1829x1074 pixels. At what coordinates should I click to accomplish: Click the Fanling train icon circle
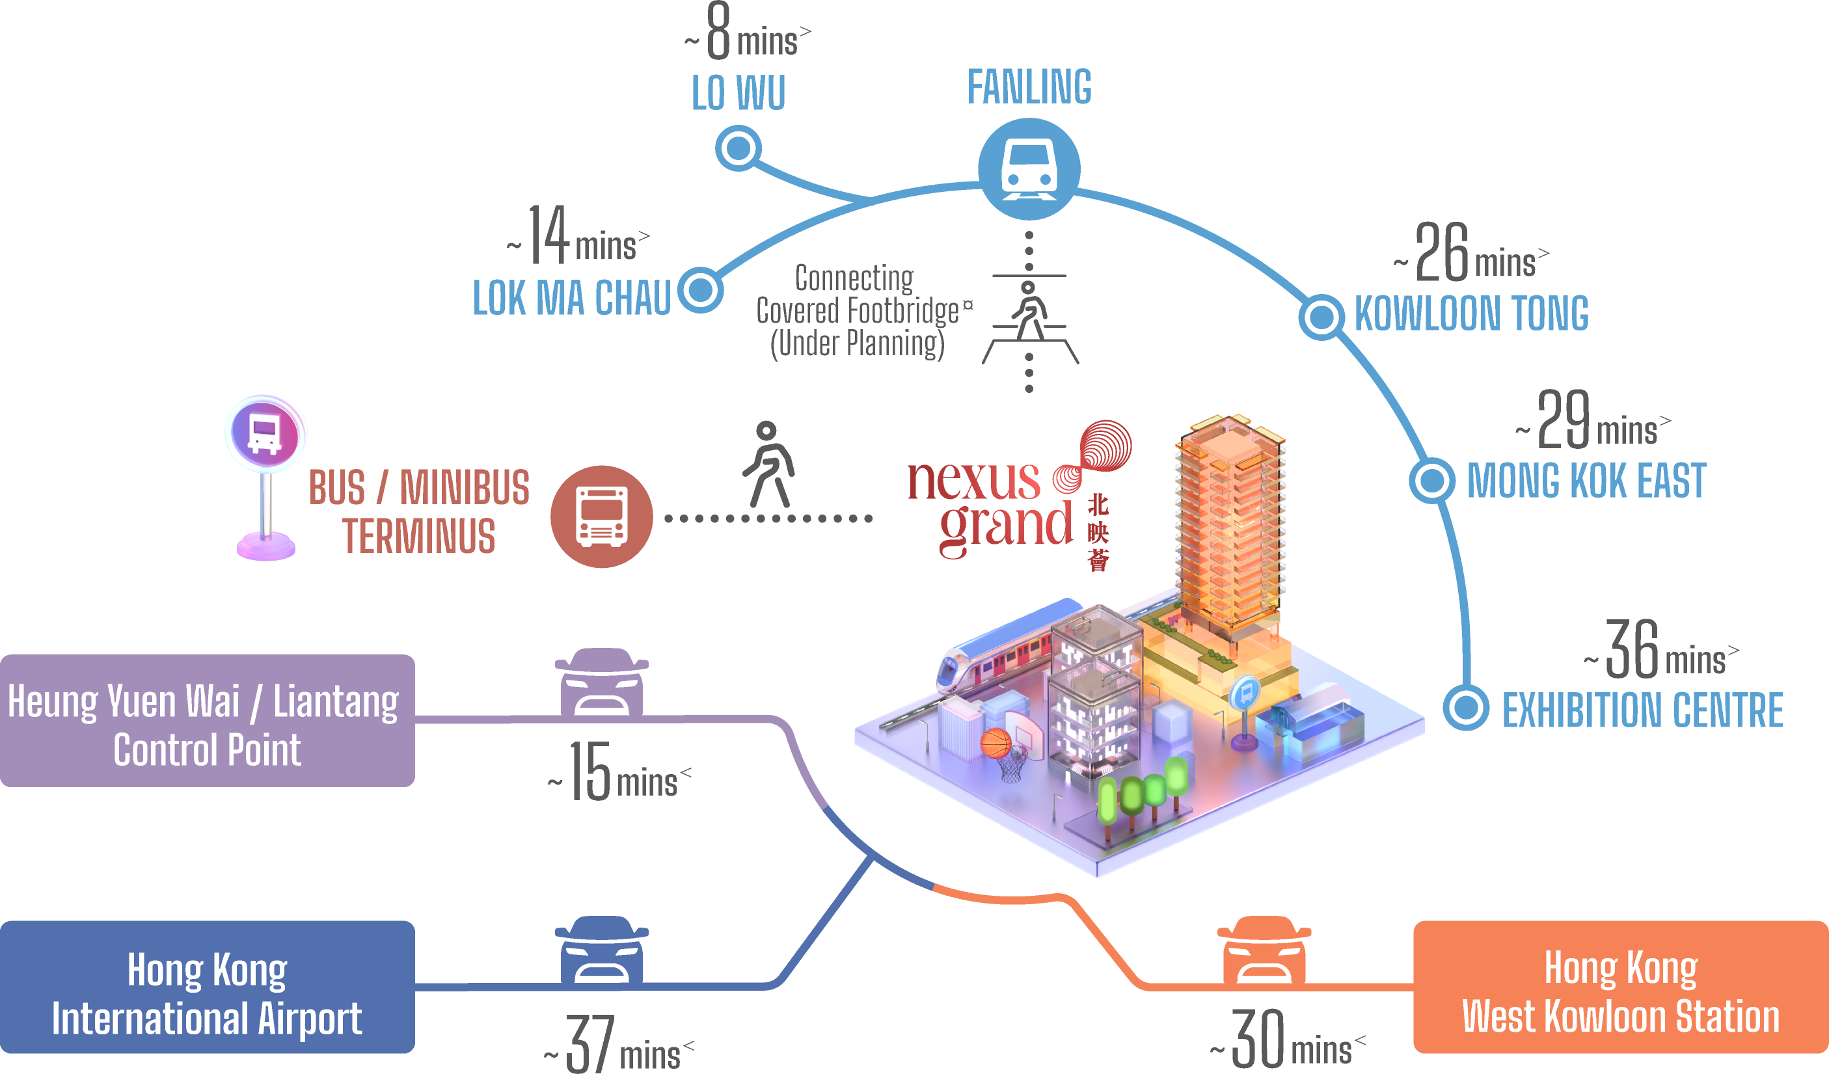click(1029, 169)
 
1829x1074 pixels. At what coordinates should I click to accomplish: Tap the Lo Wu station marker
click(738, 148)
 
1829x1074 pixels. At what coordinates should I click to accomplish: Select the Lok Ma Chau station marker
click(700, 289)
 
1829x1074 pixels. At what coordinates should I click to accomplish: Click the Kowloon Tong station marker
click(1321, 316)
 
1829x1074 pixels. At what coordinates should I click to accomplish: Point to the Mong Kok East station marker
click(1431, 479)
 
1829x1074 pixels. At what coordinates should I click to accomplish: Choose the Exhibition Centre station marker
click(1465, 707)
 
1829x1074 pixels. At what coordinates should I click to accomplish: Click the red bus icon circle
click(601, 517)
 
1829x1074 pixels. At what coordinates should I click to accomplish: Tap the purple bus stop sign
click(265, 433)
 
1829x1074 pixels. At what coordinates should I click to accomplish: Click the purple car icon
click(601, 682)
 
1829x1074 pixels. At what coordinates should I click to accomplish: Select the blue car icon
click(601, 950)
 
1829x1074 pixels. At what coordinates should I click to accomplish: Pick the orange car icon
click(1264, 950)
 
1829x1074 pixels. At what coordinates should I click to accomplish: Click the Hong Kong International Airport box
click(207, 987)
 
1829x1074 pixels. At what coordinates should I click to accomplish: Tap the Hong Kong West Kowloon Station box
click(1620, 987)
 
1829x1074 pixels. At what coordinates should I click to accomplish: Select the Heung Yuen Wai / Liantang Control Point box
click(207, 721)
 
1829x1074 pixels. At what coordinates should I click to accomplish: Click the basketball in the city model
click(996, 744)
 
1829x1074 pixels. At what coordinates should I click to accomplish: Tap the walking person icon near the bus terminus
click(768, 464)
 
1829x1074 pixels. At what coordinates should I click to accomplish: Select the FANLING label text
click(1029, 87)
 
